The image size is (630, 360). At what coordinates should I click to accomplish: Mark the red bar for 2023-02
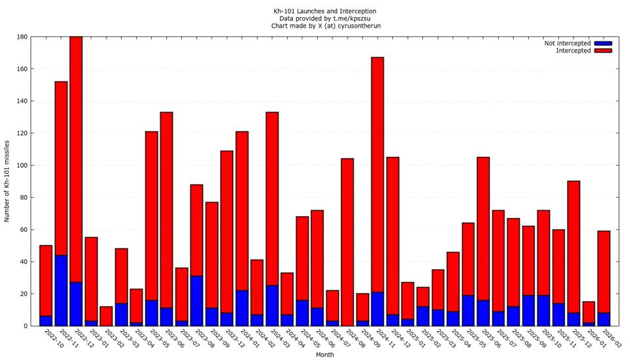pos(106,316)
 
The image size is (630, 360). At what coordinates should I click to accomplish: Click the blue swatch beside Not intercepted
pos(602,43)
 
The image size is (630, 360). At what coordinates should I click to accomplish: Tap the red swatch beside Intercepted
pos(602,51)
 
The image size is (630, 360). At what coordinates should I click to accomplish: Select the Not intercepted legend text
pos(567,43)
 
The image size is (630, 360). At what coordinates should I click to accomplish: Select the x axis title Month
pos(325,355)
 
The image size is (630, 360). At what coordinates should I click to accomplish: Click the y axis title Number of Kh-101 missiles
pos(7,181)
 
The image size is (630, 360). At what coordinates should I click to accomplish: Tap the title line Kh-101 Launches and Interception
pos(325,11)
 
